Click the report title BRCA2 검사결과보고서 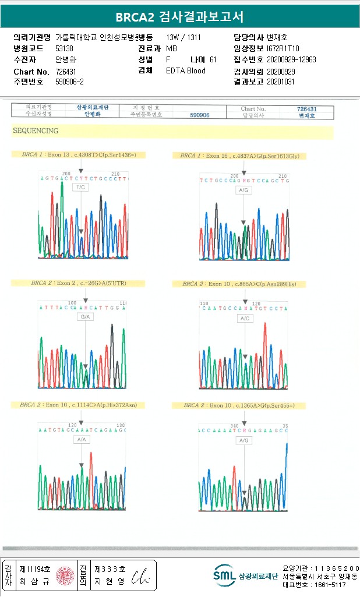click(179, 17)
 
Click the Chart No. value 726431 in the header click(66, 71)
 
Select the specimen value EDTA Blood click(186, 71)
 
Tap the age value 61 click(213, 60)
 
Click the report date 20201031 click(281, 82)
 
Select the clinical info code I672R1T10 click(283, 49)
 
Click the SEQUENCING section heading click(36, 131)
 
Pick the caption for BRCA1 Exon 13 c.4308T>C click(78, 155)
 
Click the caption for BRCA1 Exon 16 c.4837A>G click(240, 156)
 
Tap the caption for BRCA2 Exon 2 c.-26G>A click(79, 283)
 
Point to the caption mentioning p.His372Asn click(79, 405)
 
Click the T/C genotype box click(82, 188)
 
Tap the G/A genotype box click(86, 317)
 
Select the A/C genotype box click(245, 319)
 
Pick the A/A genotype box click(82, 440)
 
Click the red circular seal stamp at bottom click(65, 575)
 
